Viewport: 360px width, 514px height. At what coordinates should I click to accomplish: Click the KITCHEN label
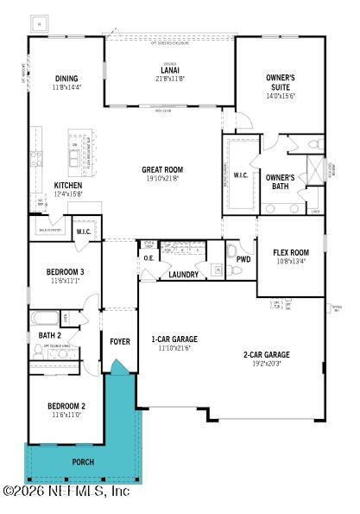tap(67, 185)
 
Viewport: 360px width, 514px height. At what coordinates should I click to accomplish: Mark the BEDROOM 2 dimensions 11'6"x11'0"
tap(66, 415)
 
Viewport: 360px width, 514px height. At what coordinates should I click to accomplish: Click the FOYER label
tap(120, 341)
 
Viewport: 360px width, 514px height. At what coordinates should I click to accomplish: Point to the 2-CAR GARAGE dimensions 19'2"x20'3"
tap(265, 365)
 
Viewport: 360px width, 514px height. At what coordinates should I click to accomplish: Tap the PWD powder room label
tap(243, 258)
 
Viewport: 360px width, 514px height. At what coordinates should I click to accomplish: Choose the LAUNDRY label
tap(183, 275)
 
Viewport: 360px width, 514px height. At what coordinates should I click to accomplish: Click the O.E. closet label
tap(148, 258)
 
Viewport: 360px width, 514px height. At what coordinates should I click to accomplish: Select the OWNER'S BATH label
tap(280, 182)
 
